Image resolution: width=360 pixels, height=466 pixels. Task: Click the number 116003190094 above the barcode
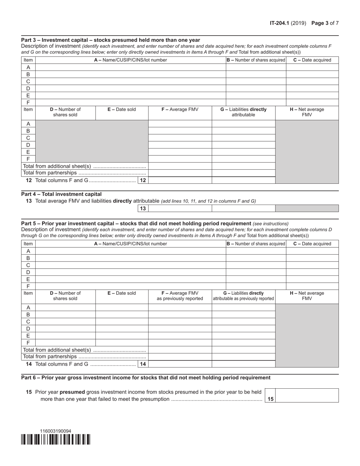56,431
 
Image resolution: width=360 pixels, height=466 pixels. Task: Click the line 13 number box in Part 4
143,208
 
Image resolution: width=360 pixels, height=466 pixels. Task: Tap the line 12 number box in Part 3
143,180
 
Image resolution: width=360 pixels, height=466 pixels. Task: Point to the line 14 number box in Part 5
143,364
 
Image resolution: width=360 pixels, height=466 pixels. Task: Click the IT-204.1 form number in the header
280,23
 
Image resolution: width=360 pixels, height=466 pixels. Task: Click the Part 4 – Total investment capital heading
61,194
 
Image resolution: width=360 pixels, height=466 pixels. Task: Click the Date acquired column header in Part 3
312,60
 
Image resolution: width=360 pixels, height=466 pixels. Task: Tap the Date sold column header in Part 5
122,293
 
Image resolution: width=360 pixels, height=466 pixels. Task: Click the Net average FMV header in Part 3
307,112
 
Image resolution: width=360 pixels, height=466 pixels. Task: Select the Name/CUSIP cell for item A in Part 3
130,67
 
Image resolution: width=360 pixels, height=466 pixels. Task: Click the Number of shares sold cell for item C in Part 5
65,322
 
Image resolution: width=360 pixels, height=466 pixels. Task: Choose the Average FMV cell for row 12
180,180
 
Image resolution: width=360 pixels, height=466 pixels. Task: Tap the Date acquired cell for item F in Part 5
312,286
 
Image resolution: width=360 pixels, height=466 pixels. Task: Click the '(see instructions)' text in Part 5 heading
271,224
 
